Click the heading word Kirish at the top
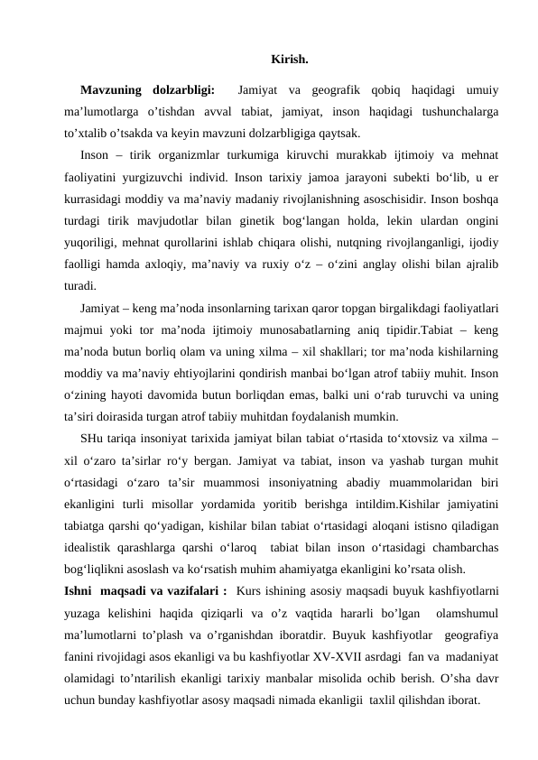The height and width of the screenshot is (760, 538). (x=289, y=61)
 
